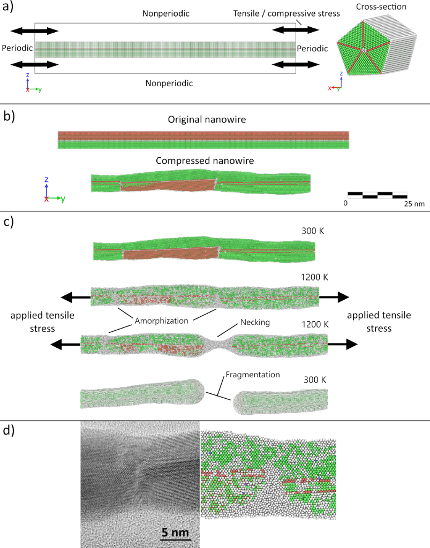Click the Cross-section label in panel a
pyautogui.click(x=381, y=6)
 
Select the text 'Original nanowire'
pyautogui.click(x=207, y=119)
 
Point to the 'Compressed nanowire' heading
pyautogui.click(x=205, y=161)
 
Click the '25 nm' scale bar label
pyautogui.click(x=414, y=203)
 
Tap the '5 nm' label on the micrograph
pyautogui.click(x=175, y=532)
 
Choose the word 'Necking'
pyautogui.click(x=255, y=322)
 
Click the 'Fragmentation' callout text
pyautogui.click(x=253, y=375)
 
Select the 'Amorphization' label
pyautogui.click(x=162, y=321)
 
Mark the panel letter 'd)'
pyautogui.click(x=9, y=431)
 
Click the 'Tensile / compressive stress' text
pyautogui.click(x=286, y=13)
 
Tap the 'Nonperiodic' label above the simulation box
pyautogui.click(x=165, y=13)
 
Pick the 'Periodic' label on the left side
pyautogui.click(x=17, y=48)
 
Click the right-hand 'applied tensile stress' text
pyautogui.click(x=379, y=322)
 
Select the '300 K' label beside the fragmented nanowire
pyautogui.click(x=315, y=380)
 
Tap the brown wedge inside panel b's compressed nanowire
pyautogui.click(x=168, y=185)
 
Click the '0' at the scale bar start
pyautogui.click(x=345, y=203)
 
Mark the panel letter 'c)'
pyautogui.click(x=9, y=222)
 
